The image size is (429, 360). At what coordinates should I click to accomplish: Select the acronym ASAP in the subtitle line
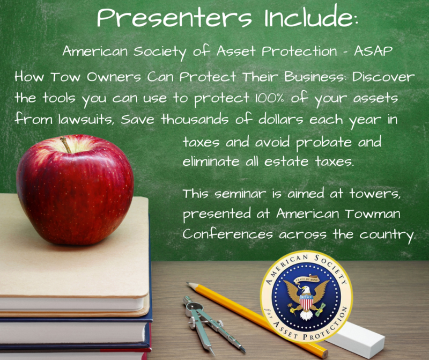[373, 51]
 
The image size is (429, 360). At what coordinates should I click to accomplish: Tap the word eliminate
[211, 161]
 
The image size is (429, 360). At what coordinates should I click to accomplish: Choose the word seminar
[240, 194]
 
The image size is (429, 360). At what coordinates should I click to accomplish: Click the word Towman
[372, 213]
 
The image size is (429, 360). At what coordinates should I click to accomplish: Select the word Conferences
[227, 234]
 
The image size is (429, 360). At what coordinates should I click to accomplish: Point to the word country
[387, 235]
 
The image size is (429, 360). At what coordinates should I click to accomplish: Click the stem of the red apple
[66, 145]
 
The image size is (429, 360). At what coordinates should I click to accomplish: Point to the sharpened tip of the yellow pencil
[188, 284]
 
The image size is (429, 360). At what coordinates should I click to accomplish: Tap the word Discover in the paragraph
[383, 77]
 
